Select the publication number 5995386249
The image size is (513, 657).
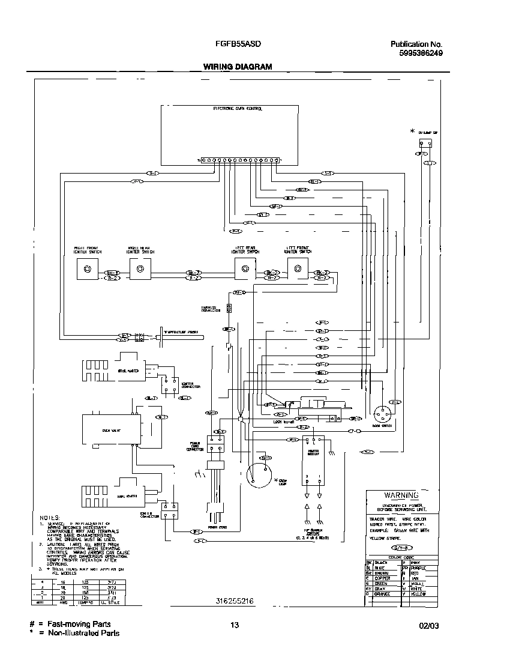[x=421, y=53]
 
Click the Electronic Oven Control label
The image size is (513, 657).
[x=238, y=109]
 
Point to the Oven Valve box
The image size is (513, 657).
[x=112, y=430]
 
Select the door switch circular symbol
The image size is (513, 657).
[x=382, y=414]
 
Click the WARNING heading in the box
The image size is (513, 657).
[x=401, y=495]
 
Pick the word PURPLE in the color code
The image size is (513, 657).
[x=418, y=567]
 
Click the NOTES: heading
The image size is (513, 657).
[x=50, y=517]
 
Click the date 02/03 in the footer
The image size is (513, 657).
[x=430, y=625]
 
